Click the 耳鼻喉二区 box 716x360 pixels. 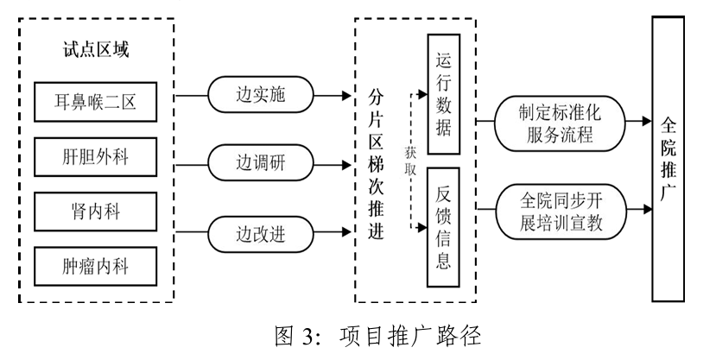[98, 104]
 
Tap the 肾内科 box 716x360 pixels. [98, 212]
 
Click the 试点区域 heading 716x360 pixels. [97, 50]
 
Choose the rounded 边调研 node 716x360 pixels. [261, 161]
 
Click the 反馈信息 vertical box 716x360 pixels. [443, 226]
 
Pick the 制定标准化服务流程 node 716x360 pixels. [560, 123]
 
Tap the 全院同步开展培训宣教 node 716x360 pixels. [560, 211]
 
